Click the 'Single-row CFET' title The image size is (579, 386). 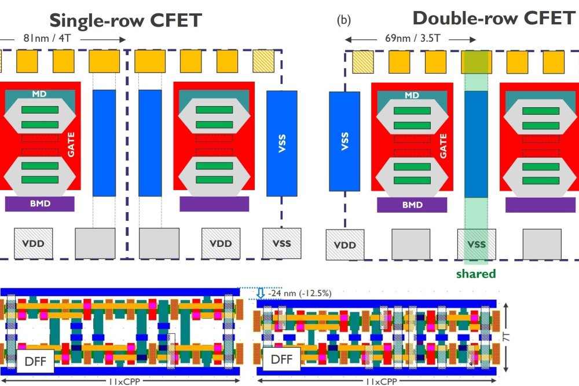tap(125, 20)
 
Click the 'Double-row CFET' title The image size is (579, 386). tap(493, 18)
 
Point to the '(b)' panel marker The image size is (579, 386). tap(344, 20)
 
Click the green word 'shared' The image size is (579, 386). tap(476, 274)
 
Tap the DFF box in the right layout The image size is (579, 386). tap(281, 359)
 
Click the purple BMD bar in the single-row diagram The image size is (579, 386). tap(39, 204)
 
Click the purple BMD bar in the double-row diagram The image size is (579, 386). tap(412, 205)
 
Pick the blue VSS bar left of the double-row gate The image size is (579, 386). tap(345, 141)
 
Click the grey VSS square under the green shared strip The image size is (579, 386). tap(476, 245)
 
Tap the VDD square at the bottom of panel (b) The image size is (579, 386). tap(345, 245)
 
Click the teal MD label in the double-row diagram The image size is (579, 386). tap(412, 96)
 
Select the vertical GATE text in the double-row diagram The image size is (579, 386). tap(444, 145)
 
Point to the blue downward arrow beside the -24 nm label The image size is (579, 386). tap(261, 293)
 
